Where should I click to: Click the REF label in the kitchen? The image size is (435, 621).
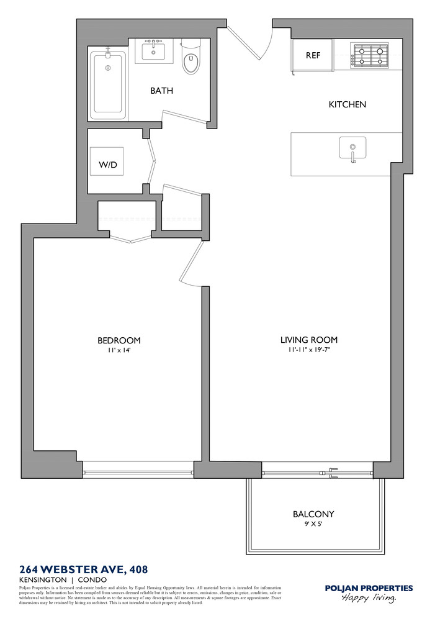[x=313, y=55]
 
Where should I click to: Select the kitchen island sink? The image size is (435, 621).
[x=352, y=149]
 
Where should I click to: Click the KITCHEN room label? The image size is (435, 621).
[x=347, y=104]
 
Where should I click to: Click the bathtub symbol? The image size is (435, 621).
[x=108, y=84]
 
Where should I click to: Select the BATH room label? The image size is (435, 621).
[x=161, y=91]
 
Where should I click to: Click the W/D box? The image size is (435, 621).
[x=107, y=165]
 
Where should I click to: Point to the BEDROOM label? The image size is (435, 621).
[x=119, y=340]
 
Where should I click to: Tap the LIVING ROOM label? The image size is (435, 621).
[x=308, y=340]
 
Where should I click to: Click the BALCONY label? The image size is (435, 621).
[x=313, y=514]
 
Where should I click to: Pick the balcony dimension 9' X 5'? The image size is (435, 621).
[x=313, y=524]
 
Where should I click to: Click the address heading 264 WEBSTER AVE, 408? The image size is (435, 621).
[x=84, y=569]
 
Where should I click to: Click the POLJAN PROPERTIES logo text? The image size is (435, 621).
[x=369, y=588]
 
